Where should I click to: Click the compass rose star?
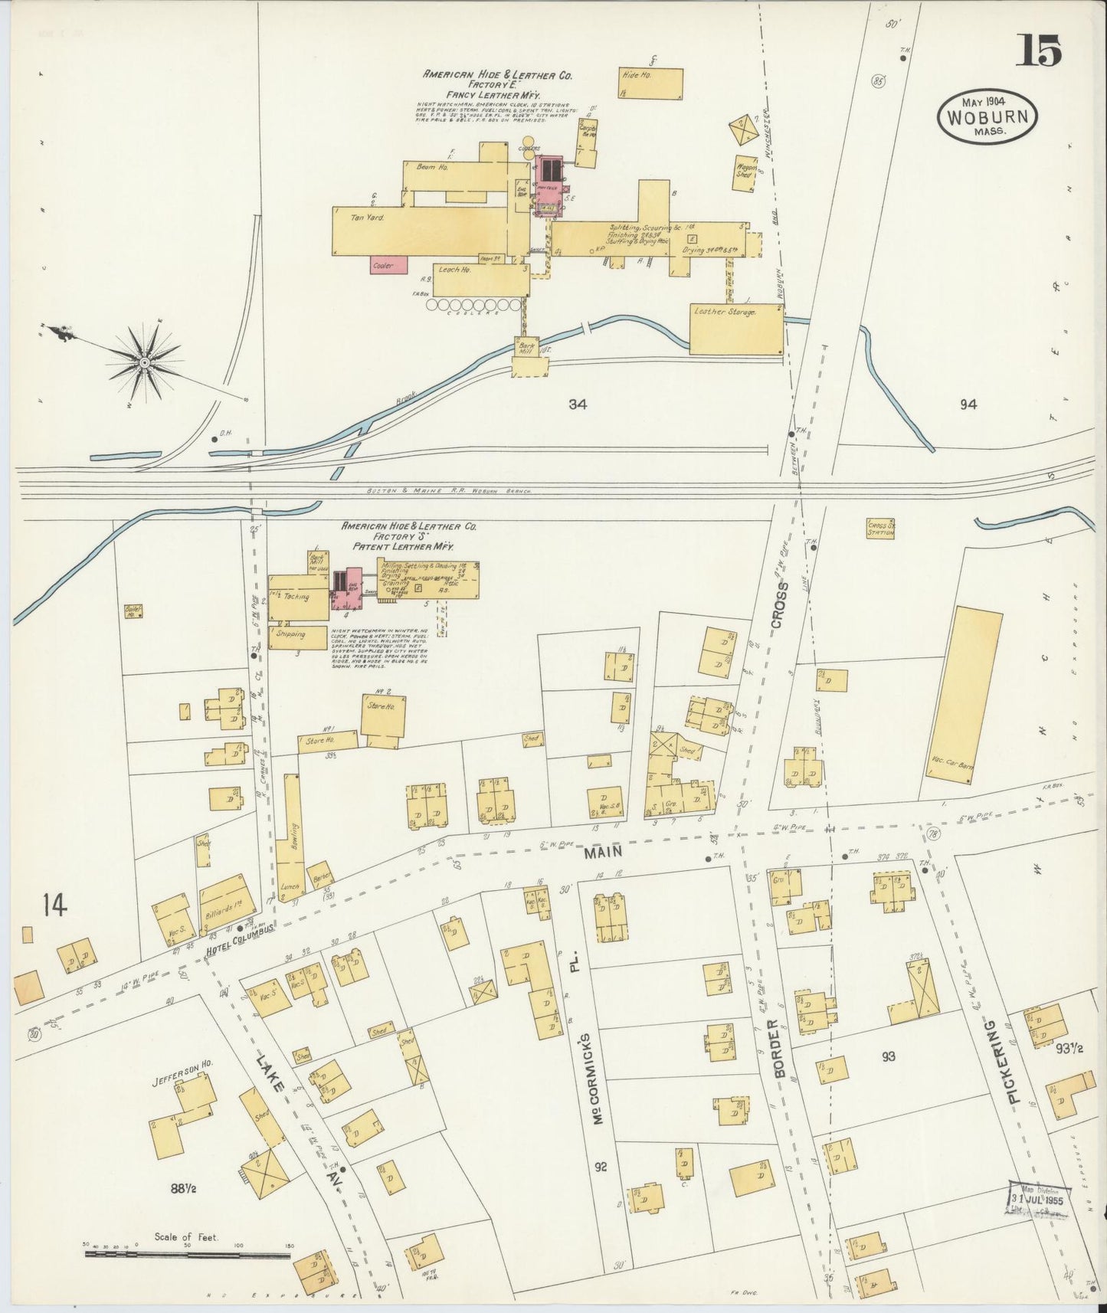[x=144, y=361]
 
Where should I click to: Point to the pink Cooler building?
[x=388, y=265]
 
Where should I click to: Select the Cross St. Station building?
[x=880, y=529]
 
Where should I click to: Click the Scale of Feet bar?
[x=188, y=1255]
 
